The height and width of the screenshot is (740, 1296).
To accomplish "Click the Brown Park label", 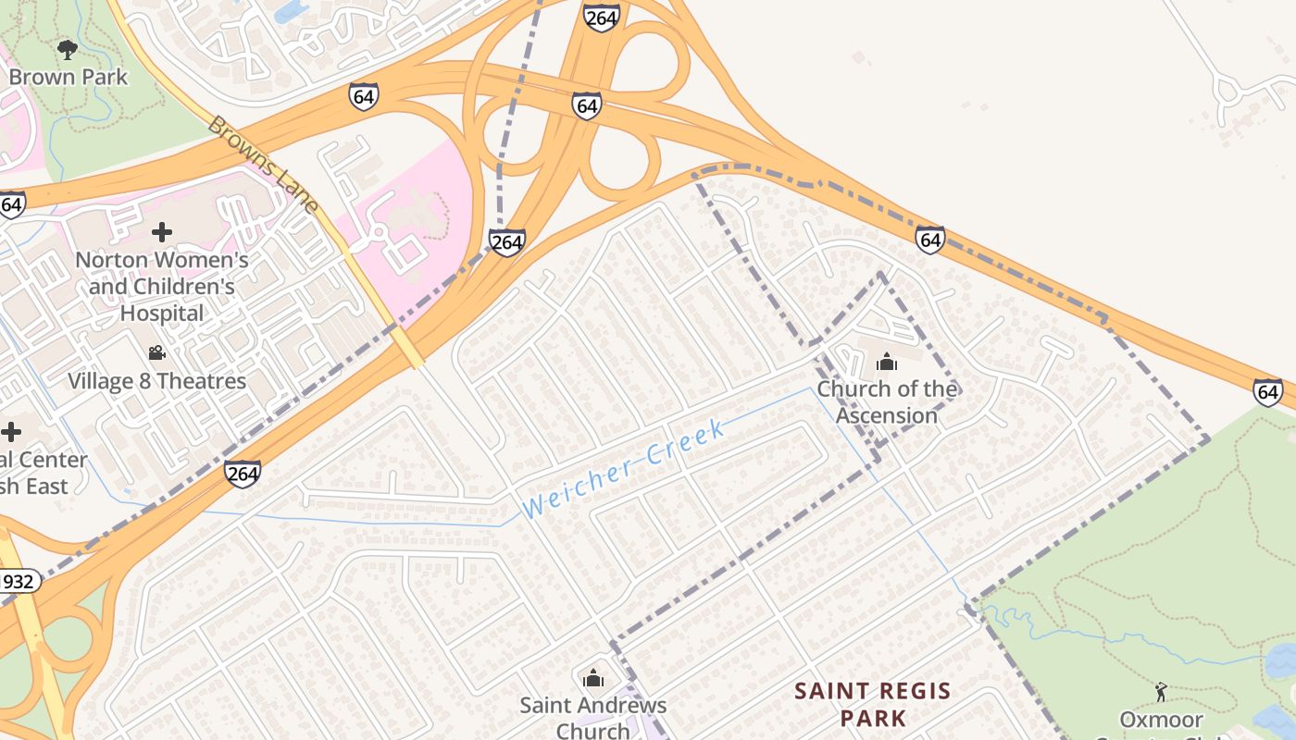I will (x=69, y=76).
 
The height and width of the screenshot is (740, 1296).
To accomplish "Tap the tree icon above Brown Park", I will (x=67, y=48).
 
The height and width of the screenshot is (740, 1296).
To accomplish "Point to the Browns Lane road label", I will (x=263, y=163).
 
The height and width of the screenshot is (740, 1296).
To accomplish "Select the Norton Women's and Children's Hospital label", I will (x=162, y=287).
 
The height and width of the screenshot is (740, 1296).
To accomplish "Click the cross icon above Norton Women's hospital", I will (x=162, y=232).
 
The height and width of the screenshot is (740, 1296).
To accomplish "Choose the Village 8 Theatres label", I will (x=157, y=381).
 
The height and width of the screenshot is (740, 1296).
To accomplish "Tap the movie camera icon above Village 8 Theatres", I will (x=156, y=352).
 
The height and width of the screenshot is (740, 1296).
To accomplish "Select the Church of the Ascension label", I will (x=887, y=401).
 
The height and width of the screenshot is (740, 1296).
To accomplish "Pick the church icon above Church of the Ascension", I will (x=887, y=362).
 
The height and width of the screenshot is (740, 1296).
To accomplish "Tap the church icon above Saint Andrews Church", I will (x=593, y=679).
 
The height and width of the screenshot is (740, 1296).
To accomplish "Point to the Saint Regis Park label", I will (x=873, y=703).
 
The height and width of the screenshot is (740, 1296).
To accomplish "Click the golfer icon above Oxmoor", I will (x=1161, y=691).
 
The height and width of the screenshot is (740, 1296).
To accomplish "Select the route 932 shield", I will (x=19, y=582).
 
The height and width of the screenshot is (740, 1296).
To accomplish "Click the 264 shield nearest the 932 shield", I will (x=242, y=475).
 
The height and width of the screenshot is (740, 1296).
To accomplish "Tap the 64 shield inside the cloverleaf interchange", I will (x=586, y=105).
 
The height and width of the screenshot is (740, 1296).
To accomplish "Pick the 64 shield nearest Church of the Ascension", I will (x=930, y=240).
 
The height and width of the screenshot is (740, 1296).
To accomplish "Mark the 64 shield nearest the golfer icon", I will (x=1268, y=392).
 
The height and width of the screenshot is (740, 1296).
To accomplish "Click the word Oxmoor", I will (x=1161, y=720).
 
